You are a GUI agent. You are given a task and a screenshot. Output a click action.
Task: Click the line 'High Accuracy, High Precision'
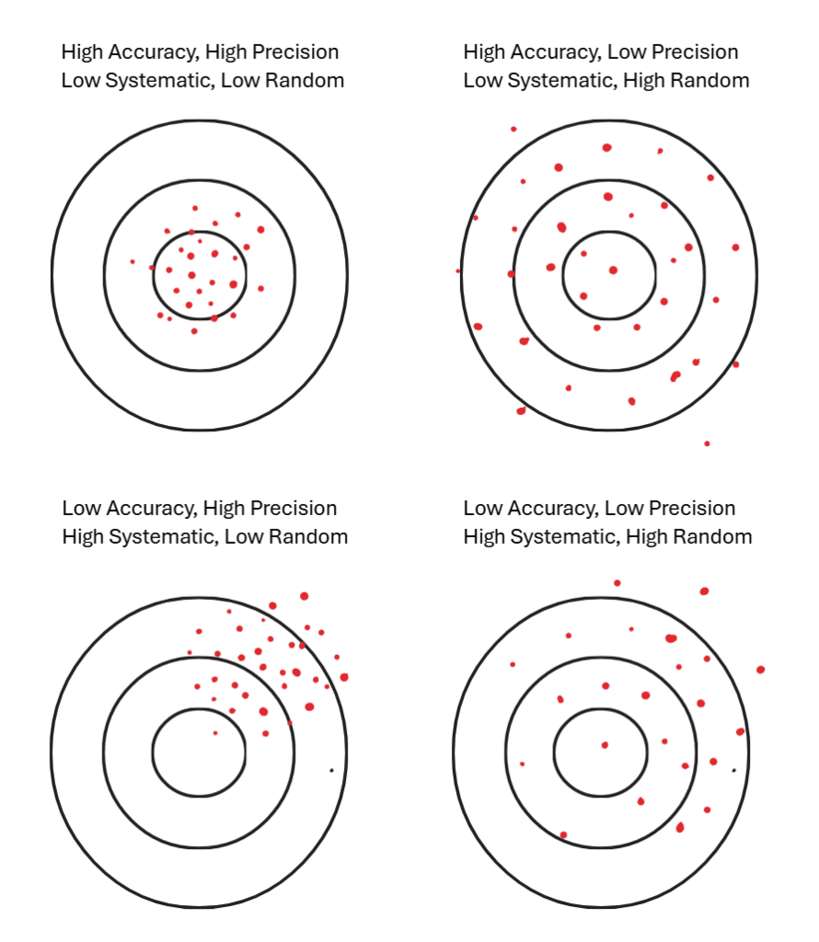click(x=200, y=52)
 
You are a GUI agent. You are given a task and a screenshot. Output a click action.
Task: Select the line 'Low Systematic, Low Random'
click(x=202, y=80)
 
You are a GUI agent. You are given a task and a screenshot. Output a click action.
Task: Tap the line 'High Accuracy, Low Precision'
click(x=600, y=52)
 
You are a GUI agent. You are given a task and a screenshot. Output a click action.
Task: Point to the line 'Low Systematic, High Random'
click(x=606, y=80)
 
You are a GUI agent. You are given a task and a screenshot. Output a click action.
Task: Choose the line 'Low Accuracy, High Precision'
click(x=200, y=508)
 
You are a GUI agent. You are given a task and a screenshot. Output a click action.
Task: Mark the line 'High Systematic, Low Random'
click(x=204, y=536)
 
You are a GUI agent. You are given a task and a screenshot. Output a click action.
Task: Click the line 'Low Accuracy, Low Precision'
click(x=599, y=508)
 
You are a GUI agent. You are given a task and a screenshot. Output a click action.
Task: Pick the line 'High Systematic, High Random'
click(x=607, y=536)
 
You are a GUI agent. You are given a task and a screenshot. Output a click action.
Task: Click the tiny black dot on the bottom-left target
click(x=331, y=770)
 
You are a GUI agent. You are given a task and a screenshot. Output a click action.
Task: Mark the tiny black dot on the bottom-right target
click(x=733, y=770)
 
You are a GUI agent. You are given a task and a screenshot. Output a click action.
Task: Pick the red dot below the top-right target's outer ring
click(x=707, y=443)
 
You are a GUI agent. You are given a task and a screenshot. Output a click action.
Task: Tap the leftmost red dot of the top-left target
click(x=133, y=261)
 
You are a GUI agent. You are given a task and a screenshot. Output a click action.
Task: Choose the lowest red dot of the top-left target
click(x=194, y=331)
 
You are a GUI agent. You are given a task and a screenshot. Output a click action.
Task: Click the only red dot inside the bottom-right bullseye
click(x=605, y=745)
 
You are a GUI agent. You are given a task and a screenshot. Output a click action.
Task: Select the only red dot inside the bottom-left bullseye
click(x=215, y=733)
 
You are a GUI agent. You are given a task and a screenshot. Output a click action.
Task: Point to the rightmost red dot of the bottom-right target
click(x=760, y=670)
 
